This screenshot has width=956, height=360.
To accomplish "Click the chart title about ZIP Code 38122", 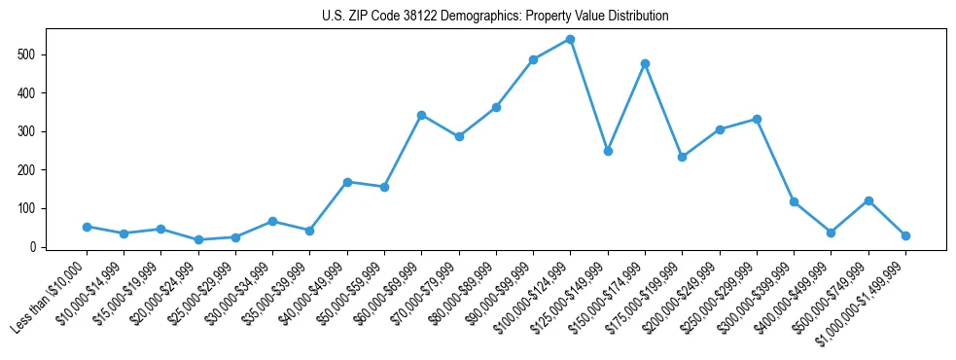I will click(x=495, y=17).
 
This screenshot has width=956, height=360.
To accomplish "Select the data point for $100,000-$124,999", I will click(x=570, y=39).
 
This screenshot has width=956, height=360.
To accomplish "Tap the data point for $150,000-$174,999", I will click(x=645, y=63).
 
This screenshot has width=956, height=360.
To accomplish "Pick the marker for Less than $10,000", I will click(x=87, y=227).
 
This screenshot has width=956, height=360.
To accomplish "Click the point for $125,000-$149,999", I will click(x=608, y=151).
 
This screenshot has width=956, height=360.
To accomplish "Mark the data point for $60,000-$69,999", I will click(x=421, y=115).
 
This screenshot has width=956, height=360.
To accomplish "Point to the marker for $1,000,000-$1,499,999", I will click(x=905, y=235).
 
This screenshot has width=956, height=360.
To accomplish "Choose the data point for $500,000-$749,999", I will click(x=868, y=200).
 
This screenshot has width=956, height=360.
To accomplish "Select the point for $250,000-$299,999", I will click(x=757, y=119).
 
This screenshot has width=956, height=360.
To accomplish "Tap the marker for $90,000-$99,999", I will click(x=533, y=59).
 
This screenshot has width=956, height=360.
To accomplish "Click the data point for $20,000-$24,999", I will click(x=198, y=239).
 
